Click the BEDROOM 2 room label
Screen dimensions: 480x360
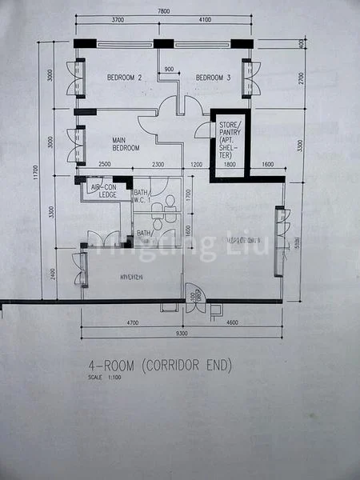124,78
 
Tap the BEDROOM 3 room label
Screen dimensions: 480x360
213,78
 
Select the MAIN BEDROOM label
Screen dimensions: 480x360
126,143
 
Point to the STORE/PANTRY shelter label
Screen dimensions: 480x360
228,140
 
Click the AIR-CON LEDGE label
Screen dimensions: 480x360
102,191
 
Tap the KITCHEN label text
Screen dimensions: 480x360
131,277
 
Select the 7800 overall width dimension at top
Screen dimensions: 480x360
163,11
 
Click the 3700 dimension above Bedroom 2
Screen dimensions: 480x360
118,21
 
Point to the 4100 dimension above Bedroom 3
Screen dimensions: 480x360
204,21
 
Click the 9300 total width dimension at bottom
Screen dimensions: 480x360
182,332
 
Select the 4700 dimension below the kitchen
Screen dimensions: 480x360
134,322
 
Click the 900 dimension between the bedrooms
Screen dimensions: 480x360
169,70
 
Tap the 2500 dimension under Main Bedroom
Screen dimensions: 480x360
105,164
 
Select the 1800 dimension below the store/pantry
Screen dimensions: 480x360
230,164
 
